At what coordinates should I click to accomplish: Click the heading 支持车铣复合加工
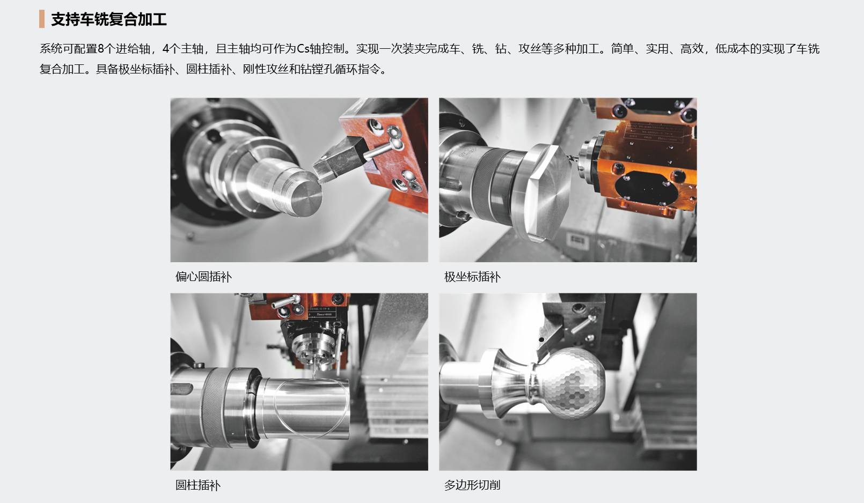(109, 19)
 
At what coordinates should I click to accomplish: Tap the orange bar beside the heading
(42, 19)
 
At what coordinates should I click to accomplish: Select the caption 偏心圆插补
(203, 277)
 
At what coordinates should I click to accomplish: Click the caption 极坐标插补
(472, 277)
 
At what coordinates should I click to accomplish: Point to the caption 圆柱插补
(198, 485)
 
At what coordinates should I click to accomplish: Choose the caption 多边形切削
(472, 485)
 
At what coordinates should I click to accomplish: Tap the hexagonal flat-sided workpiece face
(548, 193)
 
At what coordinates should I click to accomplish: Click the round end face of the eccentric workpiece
(306, 199)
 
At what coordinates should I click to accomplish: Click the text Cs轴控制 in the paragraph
(320, 49)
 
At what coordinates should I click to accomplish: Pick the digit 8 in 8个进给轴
(101, 49)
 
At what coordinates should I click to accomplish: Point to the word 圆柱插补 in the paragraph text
(209, 69)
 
